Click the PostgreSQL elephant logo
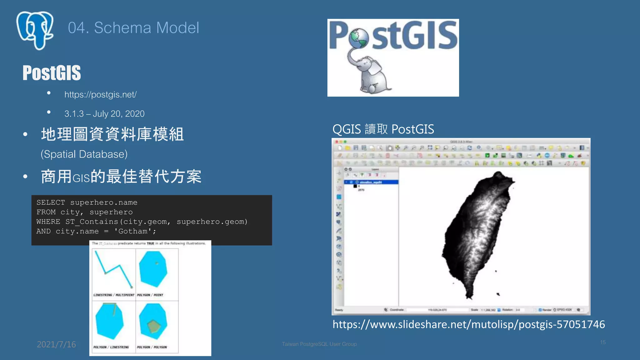[35, 30]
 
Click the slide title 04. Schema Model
[133, 28]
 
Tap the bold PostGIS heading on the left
[52, 73]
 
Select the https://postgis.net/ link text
[100, 94]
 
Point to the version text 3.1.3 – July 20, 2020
[104, 114]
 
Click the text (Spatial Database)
[84, 154]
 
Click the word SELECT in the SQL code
[51, 202]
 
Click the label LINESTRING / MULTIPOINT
[114, 295]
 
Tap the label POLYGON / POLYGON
[152, 347]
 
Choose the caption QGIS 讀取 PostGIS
[383, 129]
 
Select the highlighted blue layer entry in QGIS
[371, 182]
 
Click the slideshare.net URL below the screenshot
[469, 324]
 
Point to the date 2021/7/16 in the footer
[56, 344]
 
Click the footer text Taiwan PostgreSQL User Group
[319, 344]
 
